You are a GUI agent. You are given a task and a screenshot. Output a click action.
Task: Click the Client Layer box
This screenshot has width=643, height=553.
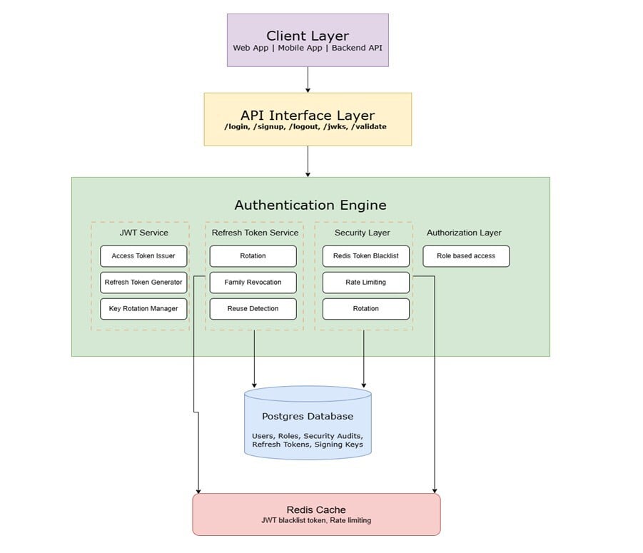point(308,40)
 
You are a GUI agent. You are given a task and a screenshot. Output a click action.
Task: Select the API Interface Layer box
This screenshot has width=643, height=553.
point(308,118)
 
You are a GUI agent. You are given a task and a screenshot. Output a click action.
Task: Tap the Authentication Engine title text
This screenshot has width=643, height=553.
point(310,206)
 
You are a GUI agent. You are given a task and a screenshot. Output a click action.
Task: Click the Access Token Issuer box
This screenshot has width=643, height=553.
point(143,256)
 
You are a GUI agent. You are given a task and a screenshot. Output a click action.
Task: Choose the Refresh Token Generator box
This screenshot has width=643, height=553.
point(143,283)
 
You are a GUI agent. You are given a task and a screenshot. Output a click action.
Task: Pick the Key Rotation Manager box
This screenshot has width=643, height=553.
point(143,309)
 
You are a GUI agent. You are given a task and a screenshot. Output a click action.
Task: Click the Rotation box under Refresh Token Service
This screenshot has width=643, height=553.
point(253,256)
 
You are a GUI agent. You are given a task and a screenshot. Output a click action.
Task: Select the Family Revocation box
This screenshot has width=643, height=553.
point(253,283)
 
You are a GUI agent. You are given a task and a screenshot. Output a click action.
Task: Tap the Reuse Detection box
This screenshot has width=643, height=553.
point(253,309)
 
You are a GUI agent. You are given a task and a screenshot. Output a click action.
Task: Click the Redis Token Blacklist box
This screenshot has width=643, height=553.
point(366,256)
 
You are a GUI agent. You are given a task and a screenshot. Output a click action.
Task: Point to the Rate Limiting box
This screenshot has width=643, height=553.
point(366,283)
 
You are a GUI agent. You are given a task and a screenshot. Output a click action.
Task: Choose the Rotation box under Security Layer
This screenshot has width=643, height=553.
point(366,309)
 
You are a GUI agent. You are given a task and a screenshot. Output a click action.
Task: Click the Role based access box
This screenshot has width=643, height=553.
point(466,256)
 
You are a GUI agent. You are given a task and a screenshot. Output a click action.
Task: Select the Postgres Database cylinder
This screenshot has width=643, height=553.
point(308,422)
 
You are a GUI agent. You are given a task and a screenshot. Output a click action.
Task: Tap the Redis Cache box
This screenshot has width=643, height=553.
point(316,514)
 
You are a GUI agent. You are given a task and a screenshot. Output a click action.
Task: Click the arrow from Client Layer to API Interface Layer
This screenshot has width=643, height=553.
point(308,79)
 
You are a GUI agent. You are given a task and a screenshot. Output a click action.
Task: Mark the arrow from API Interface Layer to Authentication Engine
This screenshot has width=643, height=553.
point(308,161)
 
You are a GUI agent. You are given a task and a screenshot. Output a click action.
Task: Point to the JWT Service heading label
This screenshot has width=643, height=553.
point(143,233)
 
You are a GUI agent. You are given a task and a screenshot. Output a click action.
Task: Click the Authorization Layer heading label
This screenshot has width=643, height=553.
point(464,233)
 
